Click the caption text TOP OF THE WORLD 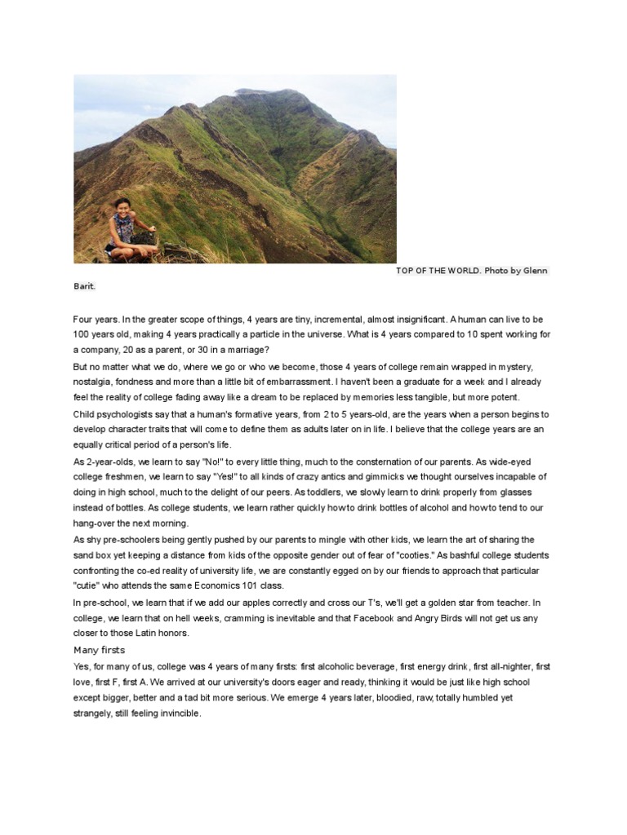point(438,271)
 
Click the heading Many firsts point(100,650)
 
